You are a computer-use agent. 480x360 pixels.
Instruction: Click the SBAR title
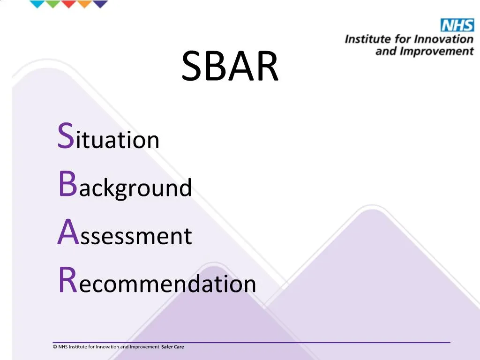tap(230, 67)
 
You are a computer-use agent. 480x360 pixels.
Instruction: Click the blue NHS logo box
tap(457, 25)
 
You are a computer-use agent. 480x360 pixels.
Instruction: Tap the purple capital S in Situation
tap(66, 136)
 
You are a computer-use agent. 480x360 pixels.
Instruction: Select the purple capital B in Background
tap(67, 185)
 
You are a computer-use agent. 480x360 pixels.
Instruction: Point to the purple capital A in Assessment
tap(67, 233)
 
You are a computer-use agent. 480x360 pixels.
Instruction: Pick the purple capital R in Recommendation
tap(67, 281)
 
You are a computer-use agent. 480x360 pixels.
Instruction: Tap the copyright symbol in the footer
tap(55, 347)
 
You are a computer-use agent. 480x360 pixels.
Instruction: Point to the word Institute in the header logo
tap(366, 39)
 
